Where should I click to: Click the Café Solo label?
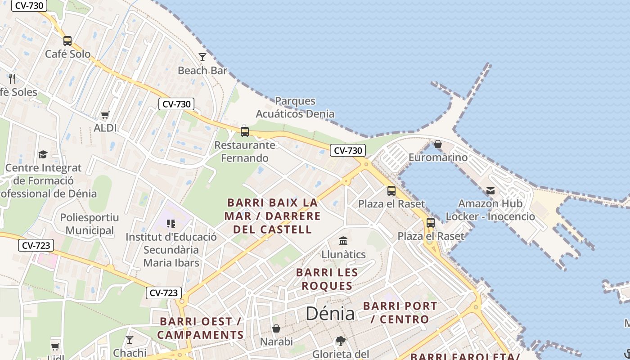point(67,54)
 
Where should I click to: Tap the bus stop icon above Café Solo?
point(67,41)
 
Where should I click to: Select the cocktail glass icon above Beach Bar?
point(202,57)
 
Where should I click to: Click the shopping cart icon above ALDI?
point(105,115)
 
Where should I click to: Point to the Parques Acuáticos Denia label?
point(295,107)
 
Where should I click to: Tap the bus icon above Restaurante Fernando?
point(245,132)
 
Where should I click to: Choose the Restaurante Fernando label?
point(245,152)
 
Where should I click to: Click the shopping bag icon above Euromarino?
point(438,144)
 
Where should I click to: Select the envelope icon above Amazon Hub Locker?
point(490,191)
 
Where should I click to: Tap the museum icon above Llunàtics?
point(343,241)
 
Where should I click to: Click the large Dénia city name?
point(330,314)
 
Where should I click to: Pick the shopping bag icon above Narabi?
point(276,329)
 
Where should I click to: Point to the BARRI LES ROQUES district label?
point(327,279)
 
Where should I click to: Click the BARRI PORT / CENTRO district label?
point(400,313)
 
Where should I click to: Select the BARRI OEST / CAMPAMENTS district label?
point(201,328)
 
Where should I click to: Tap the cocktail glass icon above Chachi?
point(130,340)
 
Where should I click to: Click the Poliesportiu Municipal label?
point(90,224)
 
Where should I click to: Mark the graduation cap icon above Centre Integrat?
point(43,154)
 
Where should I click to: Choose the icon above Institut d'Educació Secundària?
point(171,224)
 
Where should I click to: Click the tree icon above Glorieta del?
point(341,341)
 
